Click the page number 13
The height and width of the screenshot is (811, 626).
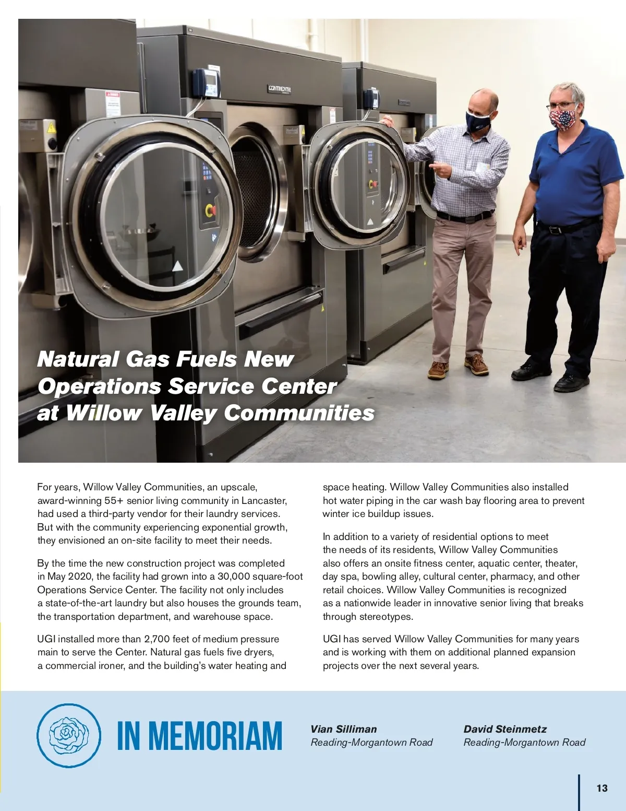coord(601,788)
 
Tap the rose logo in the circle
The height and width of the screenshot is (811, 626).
coord(69,735)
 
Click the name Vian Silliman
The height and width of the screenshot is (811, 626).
coord(343,729)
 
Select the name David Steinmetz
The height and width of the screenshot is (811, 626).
coord(505,729)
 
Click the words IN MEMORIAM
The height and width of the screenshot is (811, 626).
coord(199,736)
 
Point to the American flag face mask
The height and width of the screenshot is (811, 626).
coord(562,120)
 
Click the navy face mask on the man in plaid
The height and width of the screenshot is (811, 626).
coord(478,122)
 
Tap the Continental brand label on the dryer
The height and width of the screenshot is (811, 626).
coord(280,89)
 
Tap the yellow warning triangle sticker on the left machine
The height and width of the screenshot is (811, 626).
coord(51,127)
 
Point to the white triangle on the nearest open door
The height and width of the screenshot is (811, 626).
coord(177,266)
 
